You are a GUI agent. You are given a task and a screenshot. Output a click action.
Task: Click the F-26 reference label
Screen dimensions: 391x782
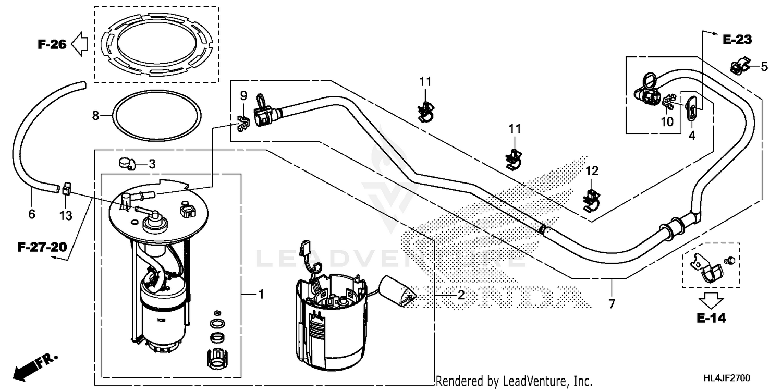pyautogui.click(x=52, y=44)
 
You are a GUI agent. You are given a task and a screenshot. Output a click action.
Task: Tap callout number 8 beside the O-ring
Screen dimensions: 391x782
pyautogui.click(x=95, y=116)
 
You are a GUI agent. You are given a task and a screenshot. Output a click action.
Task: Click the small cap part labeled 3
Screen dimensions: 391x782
pyautogui.click(x=126, y=163)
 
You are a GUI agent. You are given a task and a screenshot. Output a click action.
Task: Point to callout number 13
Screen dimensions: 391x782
pyautogui.click(x=66, y=214)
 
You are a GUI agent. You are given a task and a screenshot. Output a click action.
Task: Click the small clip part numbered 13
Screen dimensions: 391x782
pyautogui.click(x=66, y=188)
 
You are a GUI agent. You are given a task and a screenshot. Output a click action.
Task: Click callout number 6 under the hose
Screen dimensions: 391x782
pyautogui.click(x=31, y=214)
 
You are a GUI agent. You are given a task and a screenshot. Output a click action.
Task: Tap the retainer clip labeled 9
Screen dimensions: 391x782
pyautogui.click(x=241, y=123)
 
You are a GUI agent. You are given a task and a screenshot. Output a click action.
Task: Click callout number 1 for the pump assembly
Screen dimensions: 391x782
pyautogui.click(x=261, y=295)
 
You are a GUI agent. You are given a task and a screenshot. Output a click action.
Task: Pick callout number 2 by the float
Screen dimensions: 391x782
pyautogui.click(x=460, y=295)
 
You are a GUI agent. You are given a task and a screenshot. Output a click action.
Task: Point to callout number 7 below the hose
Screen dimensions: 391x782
pyautogui.click(x=611, y=303)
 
